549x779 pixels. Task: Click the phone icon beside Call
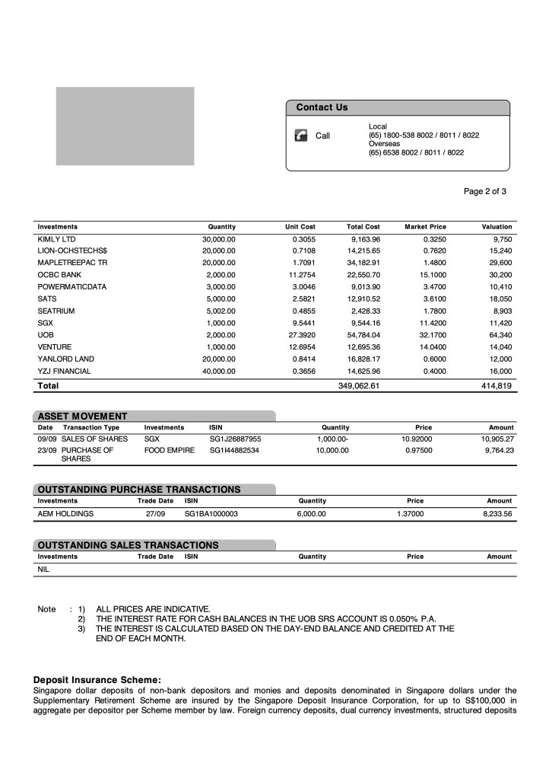(300, 136)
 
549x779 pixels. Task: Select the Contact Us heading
(322, 107)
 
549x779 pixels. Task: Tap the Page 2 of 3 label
(485, 191)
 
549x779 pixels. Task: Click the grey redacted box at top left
(125, 126)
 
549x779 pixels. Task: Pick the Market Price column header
(425, 227)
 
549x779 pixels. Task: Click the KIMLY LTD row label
(56, 239)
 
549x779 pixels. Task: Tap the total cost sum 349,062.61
(359, 386)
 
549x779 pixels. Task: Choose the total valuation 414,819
(496, 386)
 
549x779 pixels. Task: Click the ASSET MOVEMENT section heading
(83, 416)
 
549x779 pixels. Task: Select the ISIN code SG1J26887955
(235, 439)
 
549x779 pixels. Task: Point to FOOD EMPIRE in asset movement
(169, 451)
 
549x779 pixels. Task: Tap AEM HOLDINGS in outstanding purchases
(65, 514)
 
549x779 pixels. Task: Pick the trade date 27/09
(155, 514)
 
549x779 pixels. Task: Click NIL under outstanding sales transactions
(44, 569)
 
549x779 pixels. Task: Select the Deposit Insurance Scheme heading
(97, 679)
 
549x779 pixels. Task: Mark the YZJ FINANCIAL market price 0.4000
(433, 372)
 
